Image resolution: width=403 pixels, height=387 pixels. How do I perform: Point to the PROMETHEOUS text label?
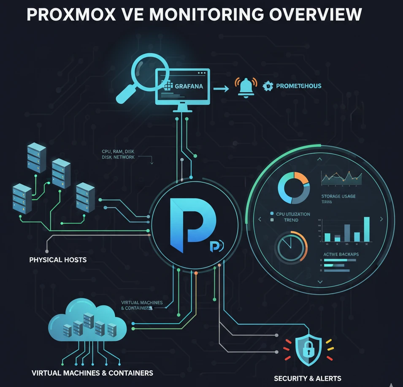tap(298, 86)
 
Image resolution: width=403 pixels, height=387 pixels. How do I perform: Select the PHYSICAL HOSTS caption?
tap(58, 260)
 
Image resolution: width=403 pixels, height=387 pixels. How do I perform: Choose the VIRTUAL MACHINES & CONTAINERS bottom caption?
tap(92, 373)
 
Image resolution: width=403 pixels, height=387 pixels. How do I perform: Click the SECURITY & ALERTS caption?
tap(308, 378)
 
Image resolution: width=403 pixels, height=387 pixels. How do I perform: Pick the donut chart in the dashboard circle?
tap(294, 188)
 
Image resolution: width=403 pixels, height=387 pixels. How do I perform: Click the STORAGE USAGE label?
tap(338, 196)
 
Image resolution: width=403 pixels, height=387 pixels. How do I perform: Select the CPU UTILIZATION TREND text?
tap(292, 217)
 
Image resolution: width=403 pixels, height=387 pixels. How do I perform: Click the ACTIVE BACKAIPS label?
tap(341, 254)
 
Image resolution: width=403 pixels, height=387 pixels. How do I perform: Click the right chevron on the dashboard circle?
tap(381, 219)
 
